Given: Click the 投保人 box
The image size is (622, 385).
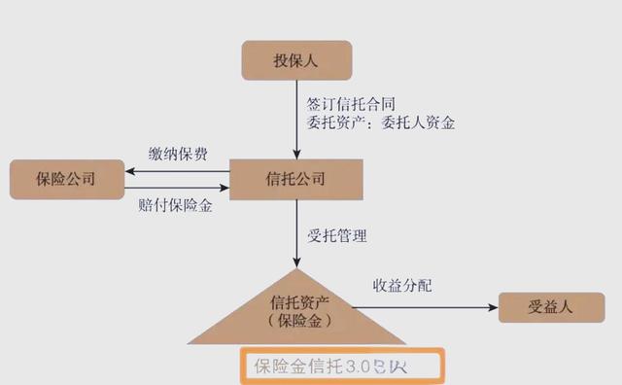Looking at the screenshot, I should (295, 61).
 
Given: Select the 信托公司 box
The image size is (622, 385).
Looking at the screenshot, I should (295, 180).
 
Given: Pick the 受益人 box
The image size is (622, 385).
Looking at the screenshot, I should (551, 306).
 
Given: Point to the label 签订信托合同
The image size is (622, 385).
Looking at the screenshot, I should (349, 102).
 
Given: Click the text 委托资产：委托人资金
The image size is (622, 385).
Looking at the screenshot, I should (380, 123).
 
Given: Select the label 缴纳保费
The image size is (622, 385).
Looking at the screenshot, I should (178, 155).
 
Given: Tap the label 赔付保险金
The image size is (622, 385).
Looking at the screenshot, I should (176, 206).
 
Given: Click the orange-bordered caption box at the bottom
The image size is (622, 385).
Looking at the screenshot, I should (341, 367).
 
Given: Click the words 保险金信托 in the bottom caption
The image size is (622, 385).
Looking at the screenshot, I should (294, 367).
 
